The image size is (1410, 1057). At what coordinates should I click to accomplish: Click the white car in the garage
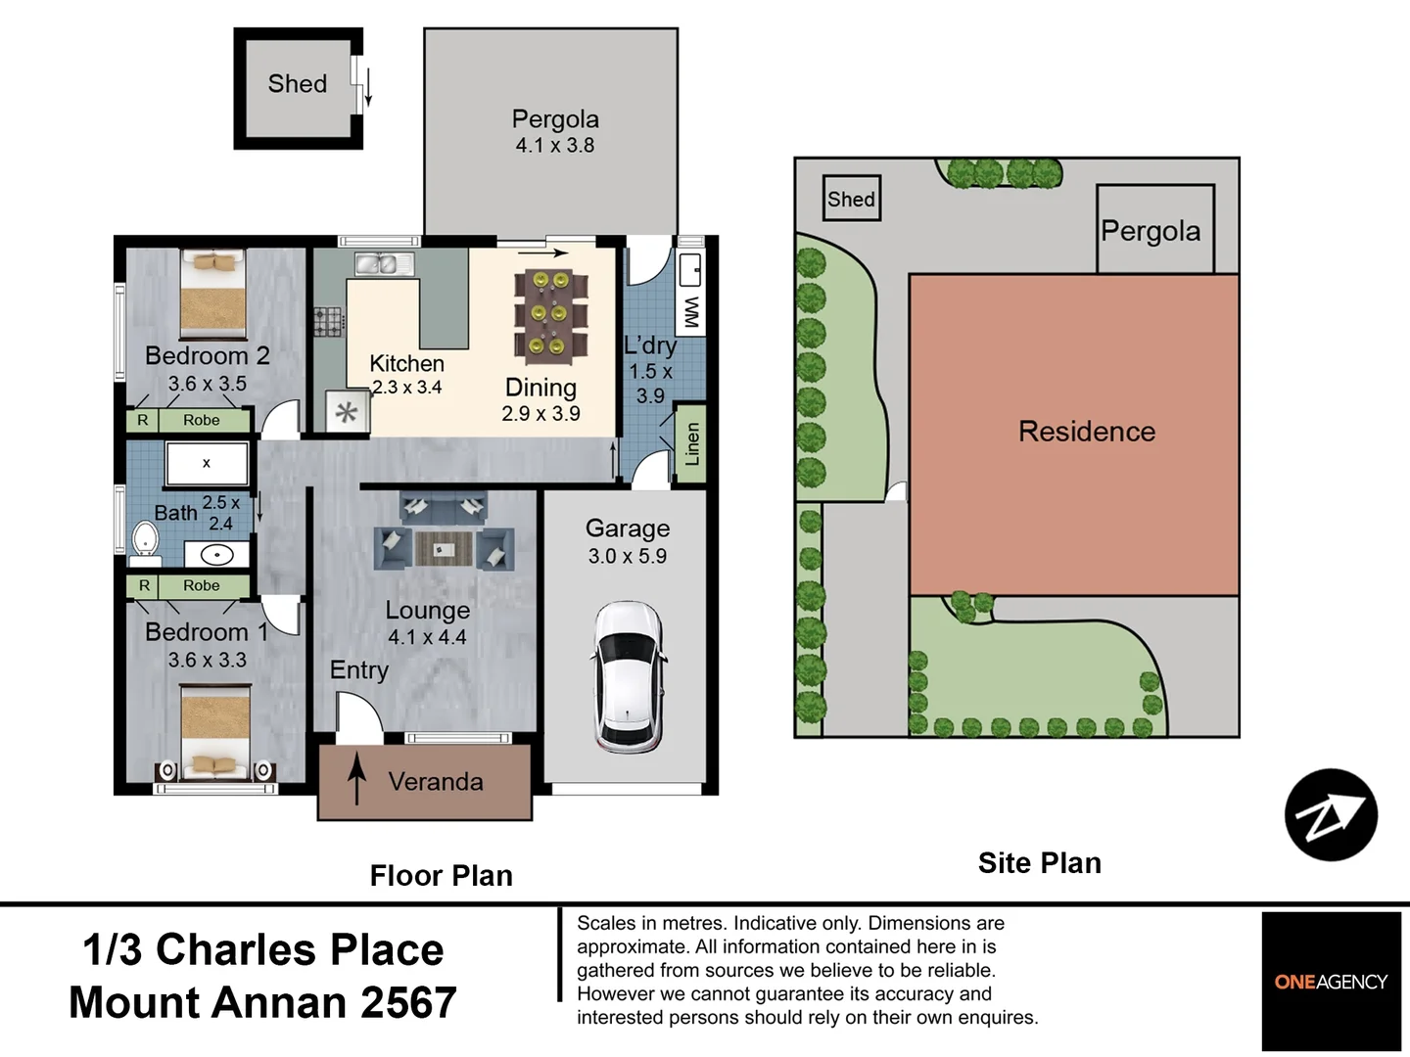628,677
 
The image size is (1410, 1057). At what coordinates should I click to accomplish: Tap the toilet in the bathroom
145,543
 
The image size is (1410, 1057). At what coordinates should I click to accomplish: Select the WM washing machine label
690,312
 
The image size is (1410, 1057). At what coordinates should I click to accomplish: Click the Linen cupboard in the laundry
691,443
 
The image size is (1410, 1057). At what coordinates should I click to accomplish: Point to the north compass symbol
1331,814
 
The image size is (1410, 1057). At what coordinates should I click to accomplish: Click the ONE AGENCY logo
1331,982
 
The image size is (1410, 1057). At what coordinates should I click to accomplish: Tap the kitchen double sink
384,264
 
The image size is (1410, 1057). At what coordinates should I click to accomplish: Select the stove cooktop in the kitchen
328,322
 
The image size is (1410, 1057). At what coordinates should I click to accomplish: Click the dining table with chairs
550,314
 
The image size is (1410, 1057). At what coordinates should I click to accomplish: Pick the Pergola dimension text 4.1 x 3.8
555,146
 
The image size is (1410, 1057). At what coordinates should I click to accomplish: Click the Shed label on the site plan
851,199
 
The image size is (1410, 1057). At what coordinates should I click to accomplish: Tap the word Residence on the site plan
1087,432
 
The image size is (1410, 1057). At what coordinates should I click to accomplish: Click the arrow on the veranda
357,778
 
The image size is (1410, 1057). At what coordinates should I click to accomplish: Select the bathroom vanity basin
216,554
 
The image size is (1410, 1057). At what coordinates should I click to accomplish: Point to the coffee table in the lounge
444,549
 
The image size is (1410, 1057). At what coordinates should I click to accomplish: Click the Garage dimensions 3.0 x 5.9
628,556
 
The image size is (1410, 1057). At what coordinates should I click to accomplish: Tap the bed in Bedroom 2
213,294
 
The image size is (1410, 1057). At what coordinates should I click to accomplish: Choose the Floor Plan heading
442,876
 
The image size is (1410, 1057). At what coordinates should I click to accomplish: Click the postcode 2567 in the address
408,1002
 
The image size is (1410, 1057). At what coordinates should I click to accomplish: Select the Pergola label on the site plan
1151,232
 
